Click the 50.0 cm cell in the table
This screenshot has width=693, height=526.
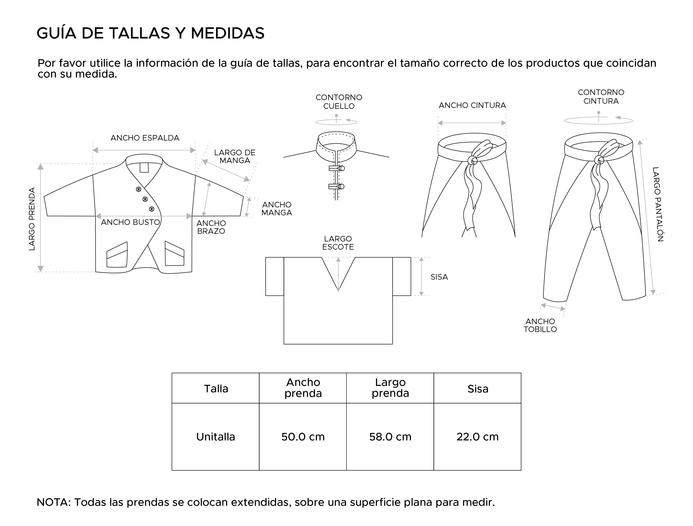click(x=303, y=437)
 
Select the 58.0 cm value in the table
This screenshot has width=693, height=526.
click(x=390, y=437)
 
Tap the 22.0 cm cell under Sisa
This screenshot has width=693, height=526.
click(x=478, y=437)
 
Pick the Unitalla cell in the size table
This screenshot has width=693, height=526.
click(x=215, y=437)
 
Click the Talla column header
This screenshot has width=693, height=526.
click(x=216, y=389)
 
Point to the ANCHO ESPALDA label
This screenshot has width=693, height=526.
click(x=145, y=138)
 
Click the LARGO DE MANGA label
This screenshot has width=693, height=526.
click(x=235, y=157)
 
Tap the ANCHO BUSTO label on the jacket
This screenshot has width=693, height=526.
click(x=130, y=222)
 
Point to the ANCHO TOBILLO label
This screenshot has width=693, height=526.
click(x=540, y=325)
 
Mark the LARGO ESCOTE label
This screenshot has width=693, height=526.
click(x=338, y=243)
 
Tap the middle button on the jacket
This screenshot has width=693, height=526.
click(x=145, y=199)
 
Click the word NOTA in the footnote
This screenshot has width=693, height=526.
click(x=53, y=502)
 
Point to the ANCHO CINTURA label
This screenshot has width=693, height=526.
click(x=472, y=105)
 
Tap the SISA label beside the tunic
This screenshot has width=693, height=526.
click(x=439, y=277)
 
